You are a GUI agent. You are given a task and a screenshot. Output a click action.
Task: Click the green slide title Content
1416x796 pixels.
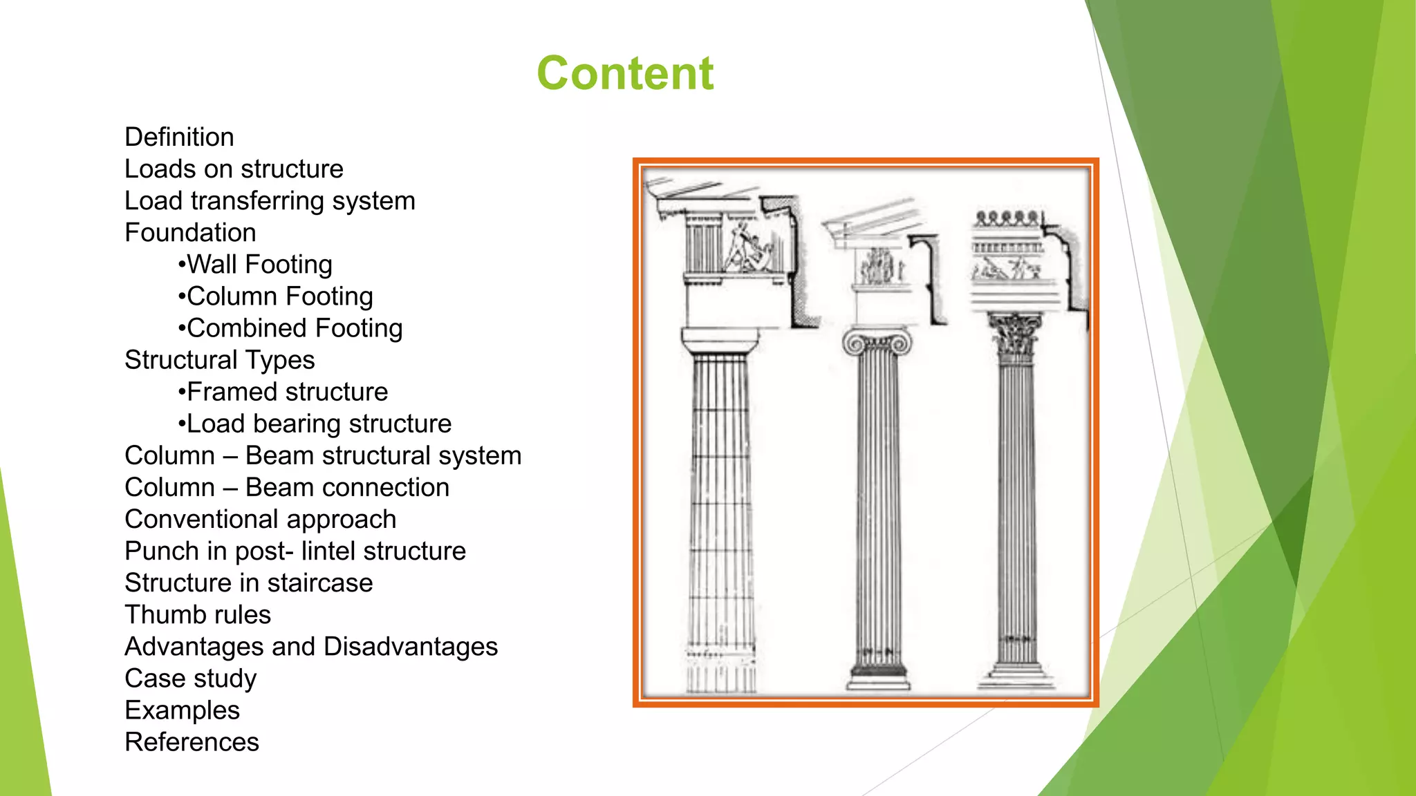pos(624,73)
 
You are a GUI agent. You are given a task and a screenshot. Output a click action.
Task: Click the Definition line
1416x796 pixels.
pos(179,137)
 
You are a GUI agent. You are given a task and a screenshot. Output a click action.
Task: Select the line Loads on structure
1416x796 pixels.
pos(234,169)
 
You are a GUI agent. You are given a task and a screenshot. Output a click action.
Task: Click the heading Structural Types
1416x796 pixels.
pos(219,360)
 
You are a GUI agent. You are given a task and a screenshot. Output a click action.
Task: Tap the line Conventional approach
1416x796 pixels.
pos(260,520)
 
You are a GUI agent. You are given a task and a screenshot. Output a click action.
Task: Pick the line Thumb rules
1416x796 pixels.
pos(197,615)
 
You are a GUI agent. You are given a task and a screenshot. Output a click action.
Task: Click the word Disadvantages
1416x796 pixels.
pos(410,647)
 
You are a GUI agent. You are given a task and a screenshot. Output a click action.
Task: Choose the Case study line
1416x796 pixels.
pos(190,679)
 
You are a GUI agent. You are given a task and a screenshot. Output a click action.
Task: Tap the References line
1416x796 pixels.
pos(192,742)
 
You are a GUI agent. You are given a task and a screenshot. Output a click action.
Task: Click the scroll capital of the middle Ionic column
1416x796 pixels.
pos(877,343)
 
